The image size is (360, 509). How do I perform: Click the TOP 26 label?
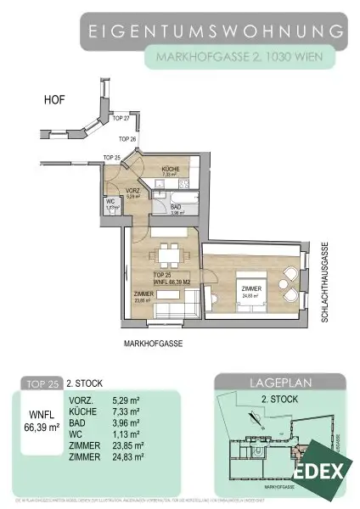tap(127, 138)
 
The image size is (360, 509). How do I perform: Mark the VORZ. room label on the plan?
tap(132, 192)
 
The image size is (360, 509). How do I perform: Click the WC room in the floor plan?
tap(110, 205)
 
